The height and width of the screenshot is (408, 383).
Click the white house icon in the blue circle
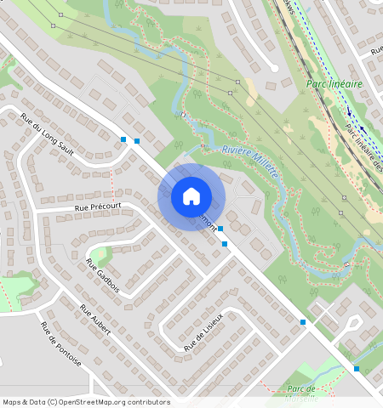tap(191, 196)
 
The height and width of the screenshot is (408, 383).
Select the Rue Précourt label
tap(98, 206)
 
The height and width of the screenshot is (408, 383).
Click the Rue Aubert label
tap(95, 320)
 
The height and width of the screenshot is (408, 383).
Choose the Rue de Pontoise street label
tap(61, 343)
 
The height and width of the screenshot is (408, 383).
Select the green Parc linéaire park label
tap(334, 85)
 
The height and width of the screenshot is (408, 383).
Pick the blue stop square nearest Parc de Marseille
tap(356, 369)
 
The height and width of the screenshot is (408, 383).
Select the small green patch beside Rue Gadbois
tap(101, 253)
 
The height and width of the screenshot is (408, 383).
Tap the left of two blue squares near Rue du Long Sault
tap(124, 139)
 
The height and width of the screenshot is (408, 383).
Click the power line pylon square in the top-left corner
tap(52, 25)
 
